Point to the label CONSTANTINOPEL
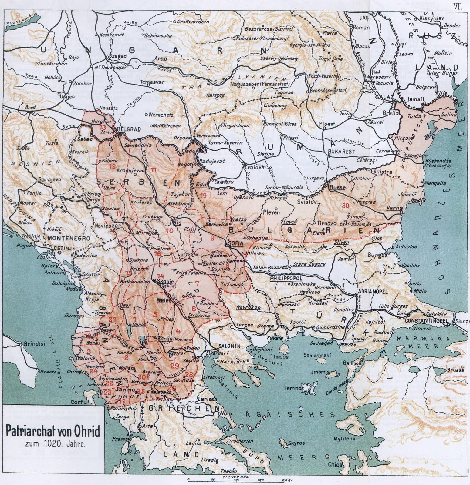click(424, 320)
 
